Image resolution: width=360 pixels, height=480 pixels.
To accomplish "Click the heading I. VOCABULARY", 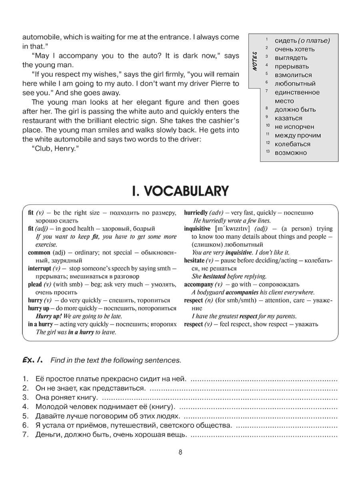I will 180,191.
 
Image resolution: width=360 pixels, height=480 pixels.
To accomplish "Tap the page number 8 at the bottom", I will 180,452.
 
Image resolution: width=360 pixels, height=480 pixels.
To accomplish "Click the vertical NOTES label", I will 254,61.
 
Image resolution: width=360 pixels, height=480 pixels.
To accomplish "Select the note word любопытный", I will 295,84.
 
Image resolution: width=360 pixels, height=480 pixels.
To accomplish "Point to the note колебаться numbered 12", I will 292,144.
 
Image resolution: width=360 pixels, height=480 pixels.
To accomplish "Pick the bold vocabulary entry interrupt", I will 40,268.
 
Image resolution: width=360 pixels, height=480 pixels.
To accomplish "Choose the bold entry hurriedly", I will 196,213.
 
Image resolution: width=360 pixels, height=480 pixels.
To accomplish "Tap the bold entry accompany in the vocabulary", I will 198,284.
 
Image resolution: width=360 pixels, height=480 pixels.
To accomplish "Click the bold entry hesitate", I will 194,260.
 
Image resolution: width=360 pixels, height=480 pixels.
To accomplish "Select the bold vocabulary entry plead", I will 35,284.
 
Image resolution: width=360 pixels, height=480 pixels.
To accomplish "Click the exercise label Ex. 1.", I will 33,360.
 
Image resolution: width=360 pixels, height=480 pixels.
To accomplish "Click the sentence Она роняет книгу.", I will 66,398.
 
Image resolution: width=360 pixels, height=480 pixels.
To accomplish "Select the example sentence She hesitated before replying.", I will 229,276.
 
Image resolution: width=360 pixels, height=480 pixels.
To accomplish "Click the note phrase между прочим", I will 298,135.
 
